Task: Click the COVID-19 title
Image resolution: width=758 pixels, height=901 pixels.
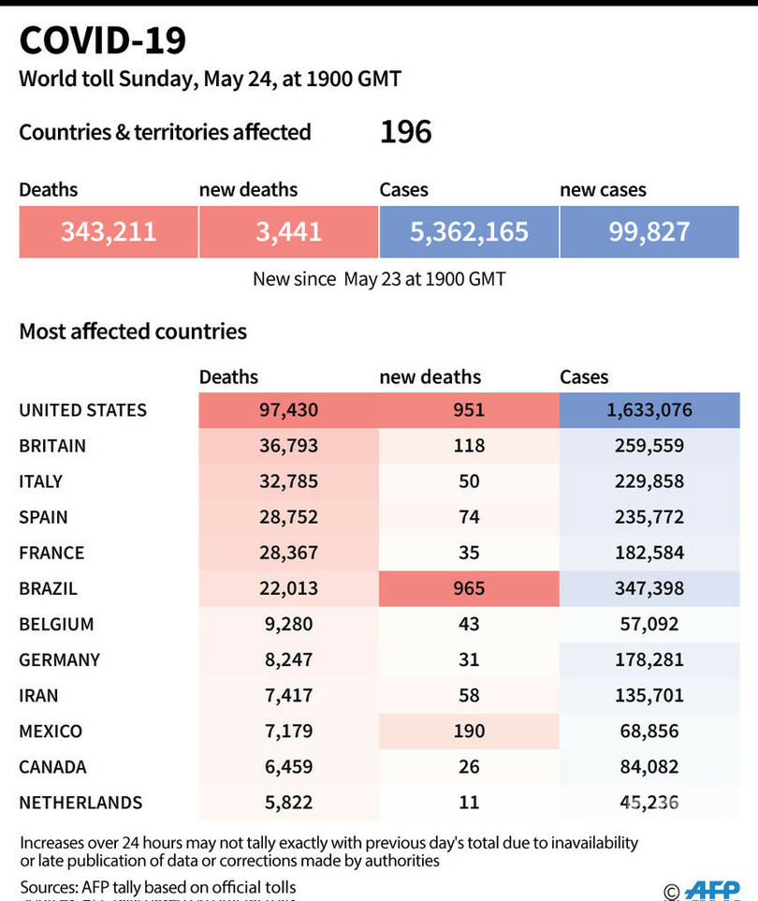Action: click(x=103, y=41)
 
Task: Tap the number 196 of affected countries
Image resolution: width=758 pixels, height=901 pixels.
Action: click(x=405, y=132)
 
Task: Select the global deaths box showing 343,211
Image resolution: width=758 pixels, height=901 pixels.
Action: click(x=109, y=232)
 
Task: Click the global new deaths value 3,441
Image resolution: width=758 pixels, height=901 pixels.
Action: click(x=288, y=232)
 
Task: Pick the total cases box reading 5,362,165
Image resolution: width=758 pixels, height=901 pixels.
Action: click(x=469, y=232)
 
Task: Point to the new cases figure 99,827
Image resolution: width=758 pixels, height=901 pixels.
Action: click(x=649, y=232)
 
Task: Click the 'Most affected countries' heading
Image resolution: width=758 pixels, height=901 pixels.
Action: click(x=133, y=331)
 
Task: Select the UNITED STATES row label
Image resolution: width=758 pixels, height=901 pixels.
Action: click(x=82, y=410)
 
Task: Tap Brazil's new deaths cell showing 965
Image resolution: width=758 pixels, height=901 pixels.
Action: click(x=469, y=588)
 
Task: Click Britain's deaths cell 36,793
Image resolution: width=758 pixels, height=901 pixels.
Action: click(x=288, y=446)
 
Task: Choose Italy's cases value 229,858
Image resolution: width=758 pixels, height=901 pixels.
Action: click(x=649, y=481)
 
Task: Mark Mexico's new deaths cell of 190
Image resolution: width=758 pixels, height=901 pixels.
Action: click(x=469, y=731)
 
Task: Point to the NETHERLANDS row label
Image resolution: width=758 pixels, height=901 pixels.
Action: click(x=80, y=803)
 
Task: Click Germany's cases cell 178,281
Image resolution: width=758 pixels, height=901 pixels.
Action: click(x=649, y=659)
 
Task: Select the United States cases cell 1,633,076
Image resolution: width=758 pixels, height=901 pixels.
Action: click(x=649, y=410)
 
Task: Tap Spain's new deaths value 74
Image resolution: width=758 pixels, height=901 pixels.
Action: click(x=469, y=517)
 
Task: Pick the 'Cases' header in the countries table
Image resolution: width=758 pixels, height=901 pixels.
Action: click(x=584, y=377)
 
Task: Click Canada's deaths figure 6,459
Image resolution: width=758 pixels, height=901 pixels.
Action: click(x=288, y=766)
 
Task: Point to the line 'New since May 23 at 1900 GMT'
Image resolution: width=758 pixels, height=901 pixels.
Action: click(x=379, y=279)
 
